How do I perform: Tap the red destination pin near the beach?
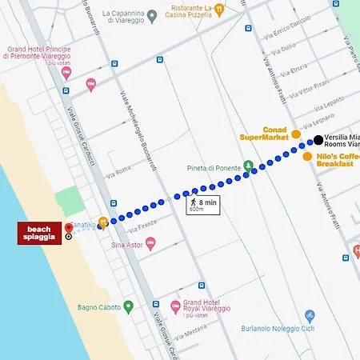point(69,229)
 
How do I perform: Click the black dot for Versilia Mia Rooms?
point(318,140)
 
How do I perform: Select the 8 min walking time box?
point(202,206)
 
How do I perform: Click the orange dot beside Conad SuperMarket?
point(296,134)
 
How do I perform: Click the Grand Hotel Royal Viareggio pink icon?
point(176,306)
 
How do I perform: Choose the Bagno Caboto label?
point(99,306)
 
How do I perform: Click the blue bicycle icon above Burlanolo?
point(310,316)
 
